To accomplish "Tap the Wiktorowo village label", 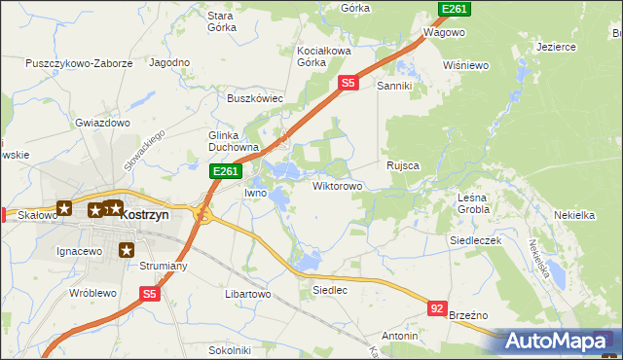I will click(337, 185).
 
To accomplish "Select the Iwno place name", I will click(255, 193).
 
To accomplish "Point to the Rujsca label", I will click(402, 165).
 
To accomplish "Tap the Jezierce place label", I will click(557, 46).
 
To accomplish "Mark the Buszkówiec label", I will click(254, 98).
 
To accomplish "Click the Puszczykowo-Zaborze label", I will click(80, 63).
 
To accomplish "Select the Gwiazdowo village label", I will click(103, 124).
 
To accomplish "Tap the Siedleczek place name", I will click(474, 239).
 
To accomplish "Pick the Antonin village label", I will click(399, 336).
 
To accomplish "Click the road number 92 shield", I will click(438, 308).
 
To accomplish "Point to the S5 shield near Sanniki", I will click(348, 85).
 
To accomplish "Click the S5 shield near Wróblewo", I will click(148, 293).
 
